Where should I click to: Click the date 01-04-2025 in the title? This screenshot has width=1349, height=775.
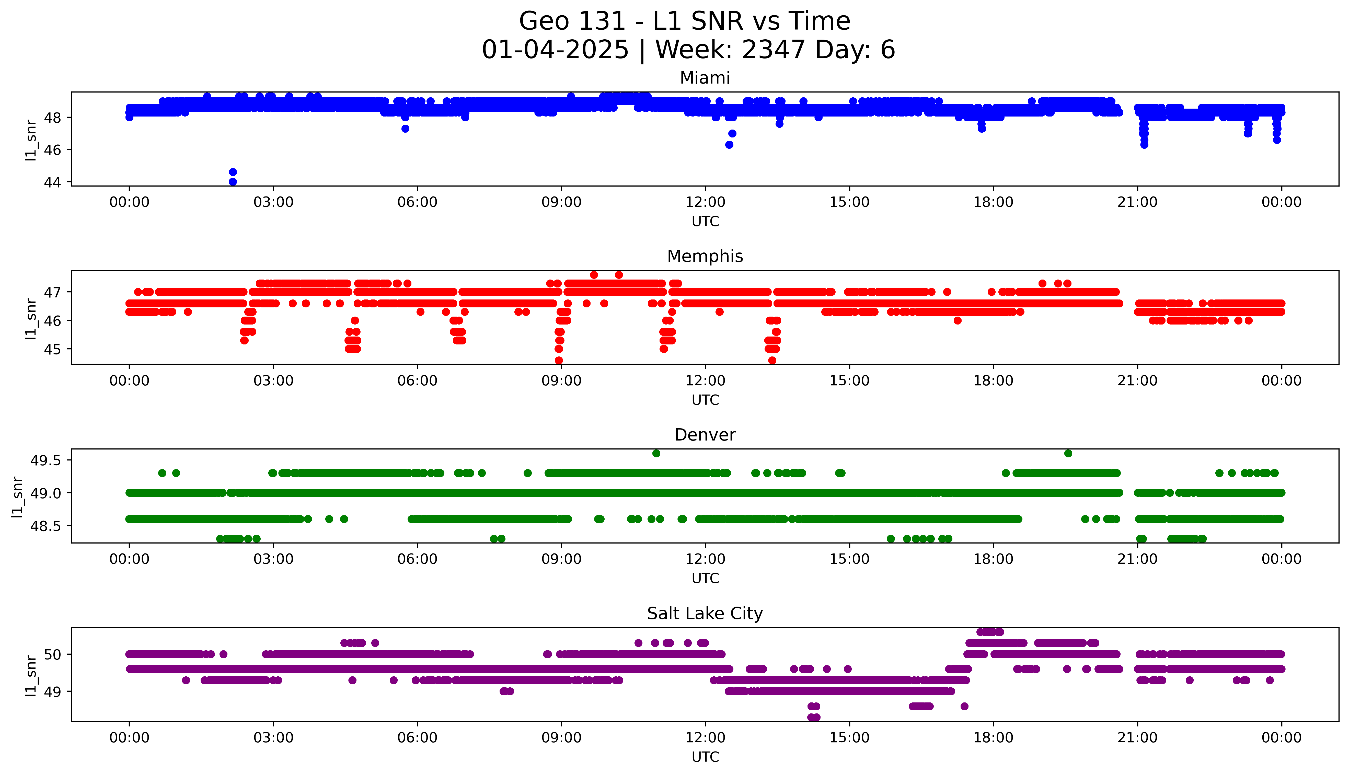point(555,50)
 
